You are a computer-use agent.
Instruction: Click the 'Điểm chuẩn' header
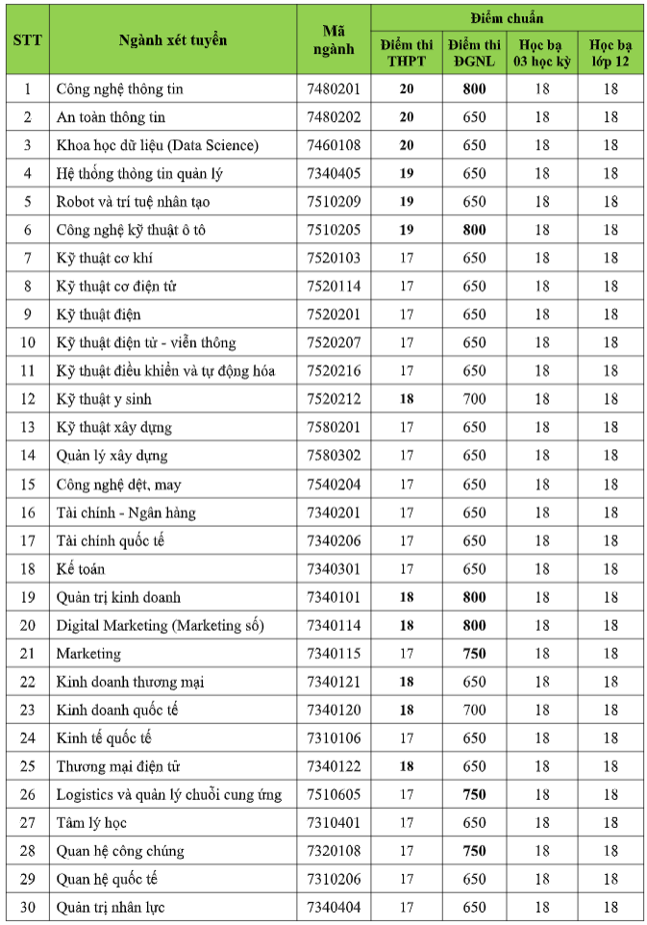click(x=507, y=18)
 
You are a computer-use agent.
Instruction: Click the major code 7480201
click(x=334, y=89)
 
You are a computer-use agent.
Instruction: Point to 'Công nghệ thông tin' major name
click(x=119, y=89)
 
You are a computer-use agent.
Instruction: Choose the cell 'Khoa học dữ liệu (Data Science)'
click(x=158, y=145)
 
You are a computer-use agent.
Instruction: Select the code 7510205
click(x=334, y=230)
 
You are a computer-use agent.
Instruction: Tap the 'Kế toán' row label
click(x=81, y=568)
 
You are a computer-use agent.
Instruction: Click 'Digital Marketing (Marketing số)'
click(x=160, y=625)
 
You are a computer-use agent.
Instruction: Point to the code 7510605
click(x=334, y=794)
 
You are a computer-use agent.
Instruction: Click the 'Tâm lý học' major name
click(x=91, y=823)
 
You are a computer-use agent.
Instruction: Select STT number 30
click(x=27, y=908)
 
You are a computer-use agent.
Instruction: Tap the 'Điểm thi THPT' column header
click(x=407, y=54)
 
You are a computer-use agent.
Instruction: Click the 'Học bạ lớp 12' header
click(x=610, y=54)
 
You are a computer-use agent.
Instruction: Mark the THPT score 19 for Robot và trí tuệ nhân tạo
click(x=407, y=202)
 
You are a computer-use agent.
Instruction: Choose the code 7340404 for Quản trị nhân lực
click(x=334, y=908)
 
